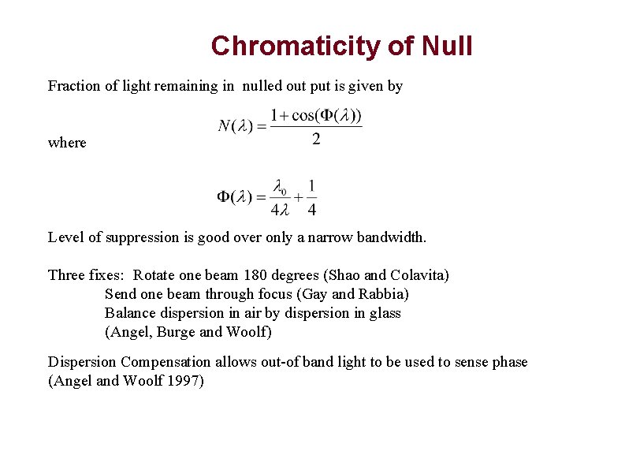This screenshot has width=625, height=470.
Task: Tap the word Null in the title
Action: [x=447, y=46]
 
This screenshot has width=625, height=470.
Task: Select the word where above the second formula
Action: [x=67, y=143]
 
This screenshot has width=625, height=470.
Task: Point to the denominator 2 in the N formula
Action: [x=316, y=140]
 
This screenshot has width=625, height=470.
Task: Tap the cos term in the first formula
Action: [x=303, y=115]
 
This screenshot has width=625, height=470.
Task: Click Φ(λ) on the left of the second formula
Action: [x=235, y=196]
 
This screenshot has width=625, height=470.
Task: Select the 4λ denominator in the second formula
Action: [x=280, y=209]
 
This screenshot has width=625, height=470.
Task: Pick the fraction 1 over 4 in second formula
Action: [x=312, y=197]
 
